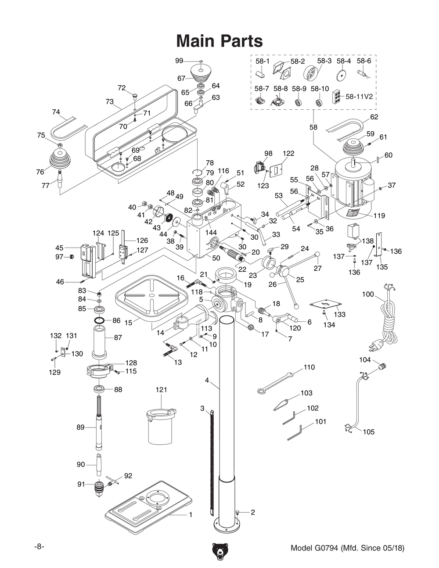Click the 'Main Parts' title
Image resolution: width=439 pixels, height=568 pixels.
coord(219,41)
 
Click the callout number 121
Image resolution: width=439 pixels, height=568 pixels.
coord(161,390)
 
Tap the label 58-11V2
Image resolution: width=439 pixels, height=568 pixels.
coord(359,97)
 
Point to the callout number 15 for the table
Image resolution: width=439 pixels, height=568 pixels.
coord(128,323)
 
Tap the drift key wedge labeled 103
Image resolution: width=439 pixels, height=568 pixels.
coord(281,405)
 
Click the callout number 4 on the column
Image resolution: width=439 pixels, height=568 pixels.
coord(207,380)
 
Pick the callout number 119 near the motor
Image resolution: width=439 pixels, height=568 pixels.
coord(379,216)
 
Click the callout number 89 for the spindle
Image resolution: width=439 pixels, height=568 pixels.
coord(80,427)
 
